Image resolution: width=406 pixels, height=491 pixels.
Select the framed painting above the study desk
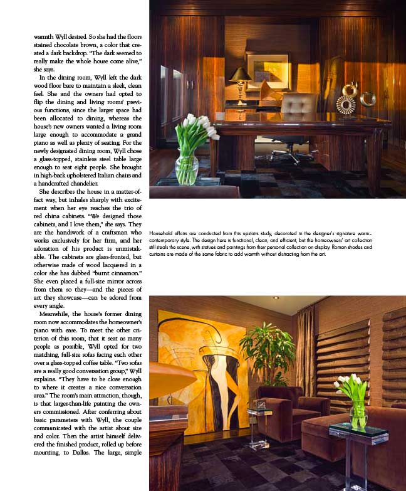click(x=268, y=70)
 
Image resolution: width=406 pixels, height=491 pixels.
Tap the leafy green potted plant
click(x=267, y=351)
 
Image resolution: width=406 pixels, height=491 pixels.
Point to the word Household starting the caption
click(x=164, y=233)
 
